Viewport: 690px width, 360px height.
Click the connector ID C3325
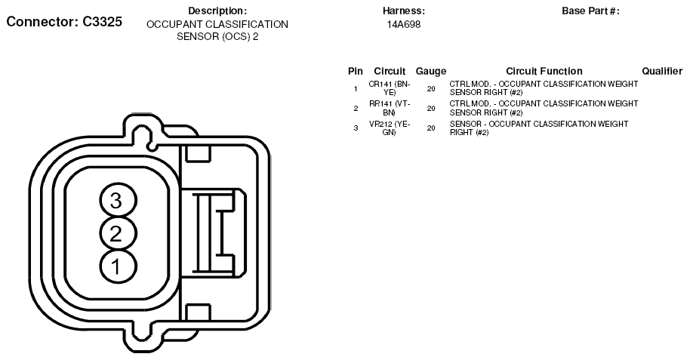pos(102,22)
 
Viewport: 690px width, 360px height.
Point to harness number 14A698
pos(404,25)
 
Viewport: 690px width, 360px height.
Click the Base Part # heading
pos(590,11)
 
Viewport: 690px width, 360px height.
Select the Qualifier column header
pos(662,71)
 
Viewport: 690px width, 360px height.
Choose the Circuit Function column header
pos(544,71)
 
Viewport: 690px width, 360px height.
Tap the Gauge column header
pos(431,71)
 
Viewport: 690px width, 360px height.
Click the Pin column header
pos(356,71)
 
